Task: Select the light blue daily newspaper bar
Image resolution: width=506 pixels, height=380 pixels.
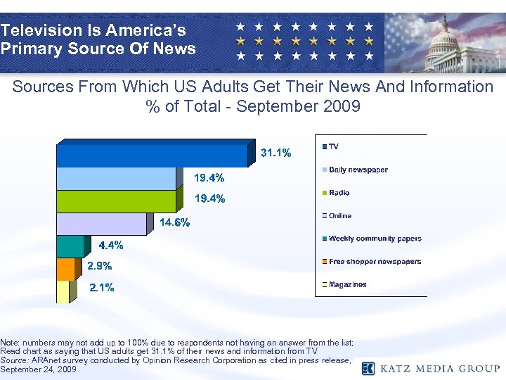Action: [x=119, y=179]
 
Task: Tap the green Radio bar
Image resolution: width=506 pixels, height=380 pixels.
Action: [x=119, y=201]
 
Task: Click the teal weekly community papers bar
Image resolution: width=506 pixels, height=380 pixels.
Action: [x=70, y=246]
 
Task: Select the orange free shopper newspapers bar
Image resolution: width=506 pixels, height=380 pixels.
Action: [x=65, y=269]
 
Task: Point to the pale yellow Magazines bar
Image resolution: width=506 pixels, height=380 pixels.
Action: [x=63, y=291]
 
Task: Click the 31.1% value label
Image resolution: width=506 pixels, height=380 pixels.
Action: [x=276, y=153]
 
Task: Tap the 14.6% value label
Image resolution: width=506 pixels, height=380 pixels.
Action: [x=174, y=223]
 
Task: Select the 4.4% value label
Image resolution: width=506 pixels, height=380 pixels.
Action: [x=111, y=246]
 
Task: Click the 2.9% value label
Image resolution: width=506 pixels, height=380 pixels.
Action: [x=99, y=267]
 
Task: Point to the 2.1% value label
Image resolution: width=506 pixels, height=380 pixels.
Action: [x=101, y=288]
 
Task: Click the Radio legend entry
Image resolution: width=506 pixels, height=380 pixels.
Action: [x=339, y=193]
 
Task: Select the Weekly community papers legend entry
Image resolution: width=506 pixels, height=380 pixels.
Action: [x=375, y=239]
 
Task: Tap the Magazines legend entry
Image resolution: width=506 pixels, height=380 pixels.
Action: [x=347, y=285]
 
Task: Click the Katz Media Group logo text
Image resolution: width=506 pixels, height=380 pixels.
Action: [x=439, y=368]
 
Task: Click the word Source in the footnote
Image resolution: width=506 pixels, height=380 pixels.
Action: [x=15, y=360]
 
